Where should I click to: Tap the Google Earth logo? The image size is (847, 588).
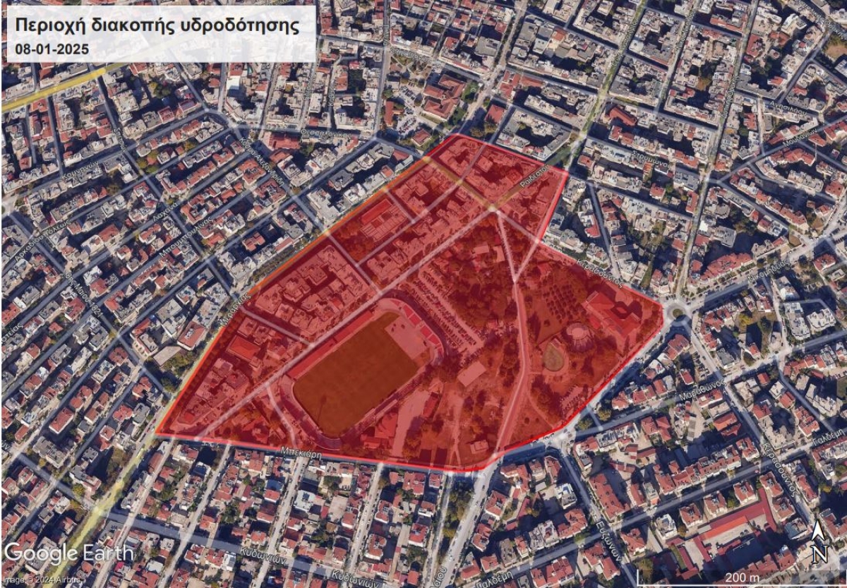(68, 553)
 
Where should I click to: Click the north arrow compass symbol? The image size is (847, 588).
(819, 543)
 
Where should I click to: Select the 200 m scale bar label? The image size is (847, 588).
(740, 577)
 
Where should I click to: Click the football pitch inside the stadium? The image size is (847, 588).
(356, 373)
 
